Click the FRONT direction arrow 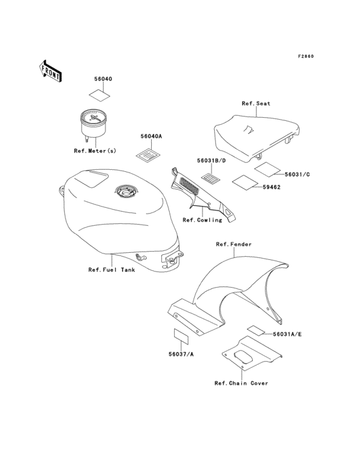pyautogui.click(x=50, y=71)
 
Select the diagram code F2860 pyautogui.click(x=306, y=56)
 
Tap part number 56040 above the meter pyautogui.click(x=104, y=79)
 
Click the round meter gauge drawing pyautogui.click(x=93, y=124)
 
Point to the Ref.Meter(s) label pyautogui.click(x=94, y=151)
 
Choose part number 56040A pyautogui.click(x=151, y=136)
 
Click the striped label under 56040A pyautogui.click(x=148, y=155)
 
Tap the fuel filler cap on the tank pyautogui.click(x=126, y=190)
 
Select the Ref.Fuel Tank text pyautogui.click(x=112, y=270)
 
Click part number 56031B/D pyautogui.click(x=212, y=161)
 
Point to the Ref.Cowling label pyautogui.click(x=203, y=220)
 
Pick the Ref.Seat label pyautogui.click(x=256, y=104)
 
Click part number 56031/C pyautogui.click(x=297, y=174)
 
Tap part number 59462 pyautogui.click(x=271, y=187)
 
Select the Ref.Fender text pyautogui.click(x=234, y=245)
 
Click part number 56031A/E pyautogui.click(x=287, y=334)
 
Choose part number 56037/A pyautogui.click(x=181, y=354)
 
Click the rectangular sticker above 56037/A pyautogui.click(x=181, y=336)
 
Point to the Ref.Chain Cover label pyautogui.click(x=241, y=383)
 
